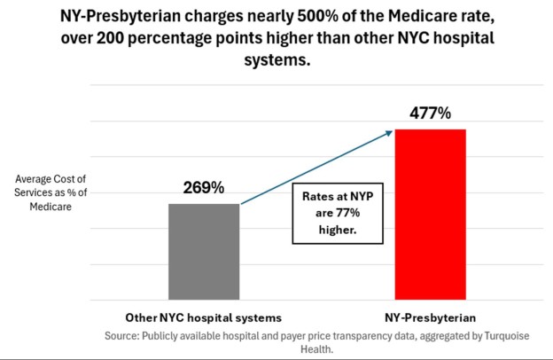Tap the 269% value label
[x=204, y=188]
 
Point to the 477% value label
[x=430, y=113]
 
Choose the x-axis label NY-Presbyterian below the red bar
[x=430, y=317]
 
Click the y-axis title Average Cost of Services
[x=51, y=193]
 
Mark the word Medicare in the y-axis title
[x=51, y=207]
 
